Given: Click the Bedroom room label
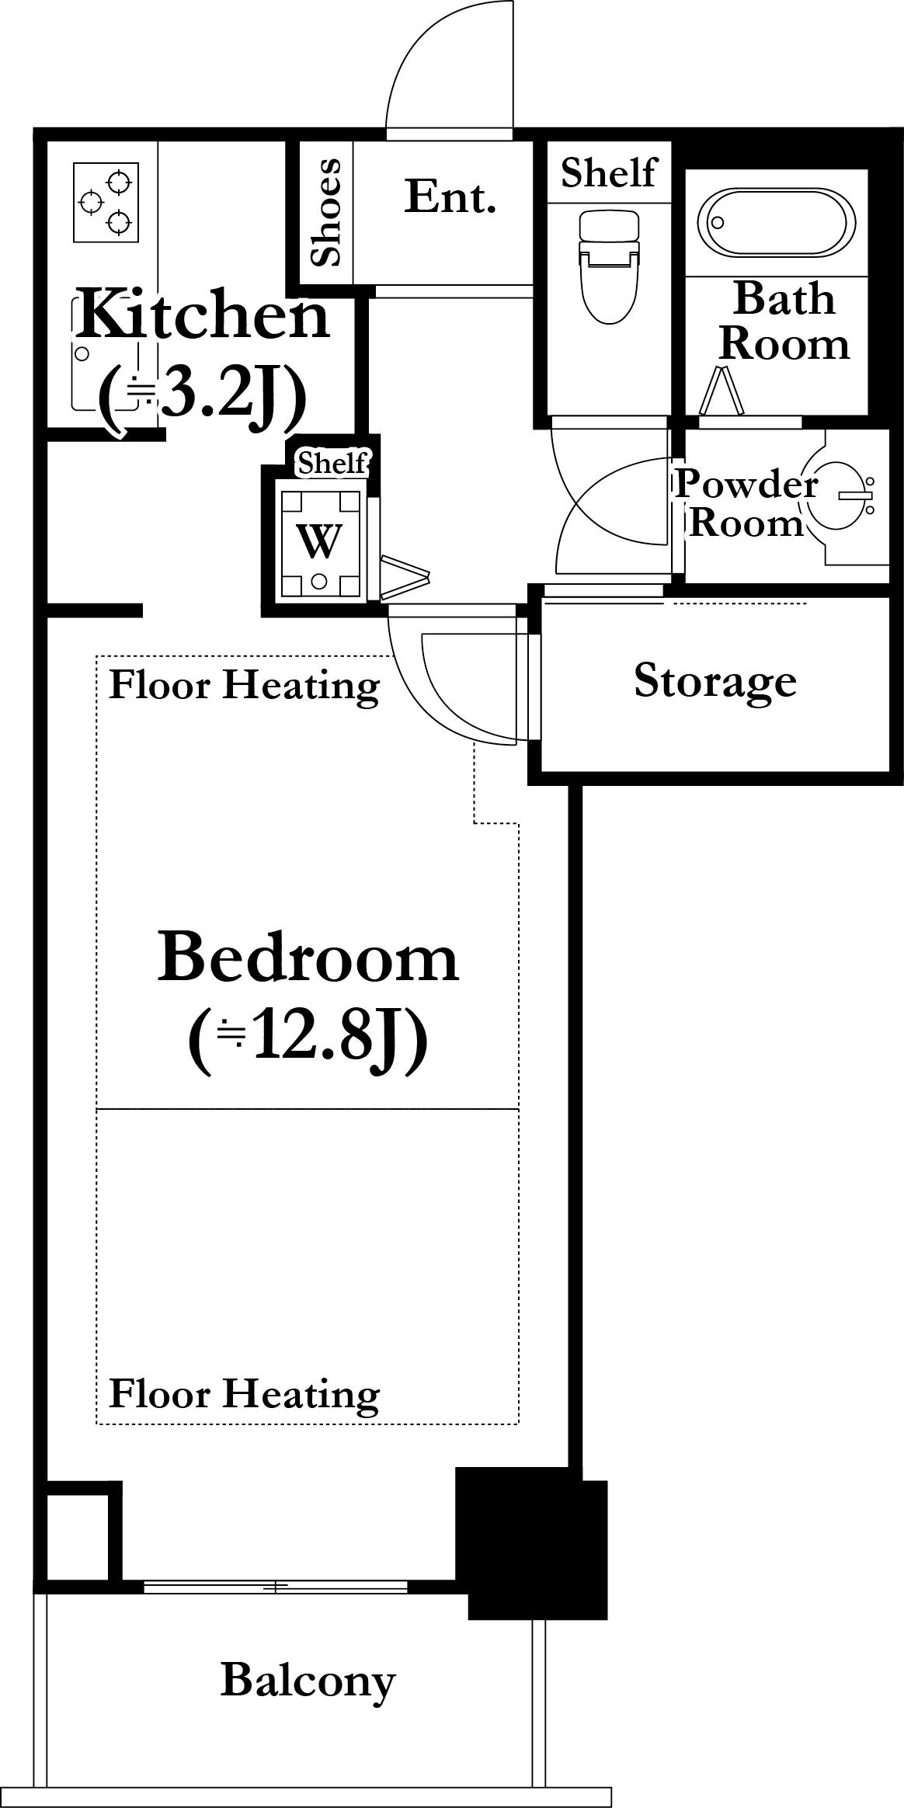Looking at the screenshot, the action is click(308, 958).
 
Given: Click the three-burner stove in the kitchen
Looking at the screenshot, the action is click(106, 202).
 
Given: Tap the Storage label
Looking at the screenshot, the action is click(715, 682).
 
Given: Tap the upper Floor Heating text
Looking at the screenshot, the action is click(245, 685).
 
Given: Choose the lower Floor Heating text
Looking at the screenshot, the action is click(245, 1393).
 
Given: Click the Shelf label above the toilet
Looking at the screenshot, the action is click(609, 172).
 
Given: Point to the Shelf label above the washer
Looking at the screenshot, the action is click(332, 464).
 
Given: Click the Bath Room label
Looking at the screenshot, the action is click(784, 321).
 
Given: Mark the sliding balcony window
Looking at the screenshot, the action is click(276, 1587).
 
